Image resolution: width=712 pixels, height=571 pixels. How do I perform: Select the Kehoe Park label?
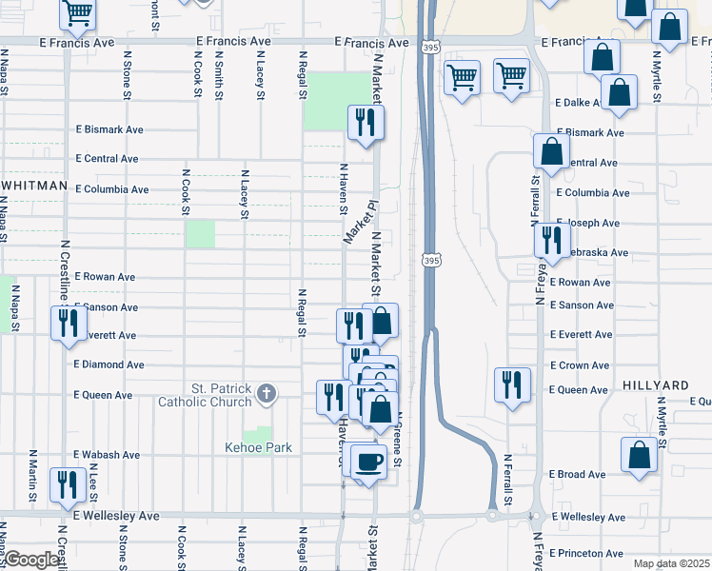click(258, 447)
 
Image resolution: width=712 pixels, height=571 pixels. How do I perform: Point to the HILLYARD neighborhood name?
click(656, 385)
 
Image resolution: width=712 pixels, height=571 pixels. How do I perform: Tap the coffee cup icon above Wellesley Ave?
click(367, 463)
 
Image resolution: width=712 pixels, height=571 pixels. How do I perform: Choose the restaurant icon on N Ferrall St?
click(512, 385)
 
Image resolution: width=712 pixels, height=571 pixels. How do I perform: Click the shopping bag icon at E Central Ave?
click(551, 151)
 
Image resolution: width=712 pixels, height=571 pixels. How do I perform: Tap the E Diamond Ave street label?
click(109, 364)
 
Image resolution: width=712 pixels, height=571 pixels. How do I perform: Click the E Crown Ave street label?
click(580, 365)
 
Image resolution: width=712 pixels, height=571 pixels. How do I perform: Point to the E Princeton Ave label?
click(586, 553)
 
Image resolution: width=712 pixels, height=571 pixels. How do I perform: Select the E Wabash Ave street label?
click(107, 455)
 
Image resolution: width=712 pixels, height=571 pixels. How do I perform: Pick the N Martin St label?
click(32, 477)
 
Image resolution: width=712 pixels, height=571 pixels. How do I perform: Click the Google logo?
click(30, 561)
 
